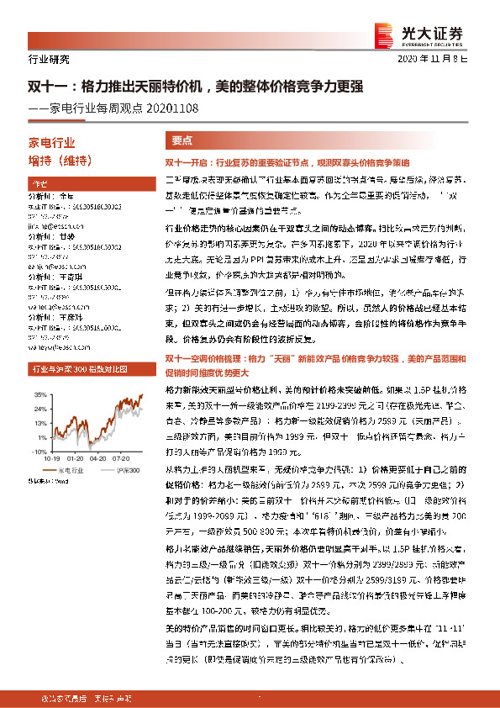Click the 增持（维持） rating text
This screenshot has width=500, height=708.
pyautogui.click(x=60, y=161)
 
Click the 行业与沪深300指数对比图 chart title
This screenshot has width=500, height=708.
pyautogui.click(x=75, y=368)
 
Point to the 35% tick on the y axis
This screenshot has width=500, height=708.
pyautogui.click(x=38, y=394)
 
